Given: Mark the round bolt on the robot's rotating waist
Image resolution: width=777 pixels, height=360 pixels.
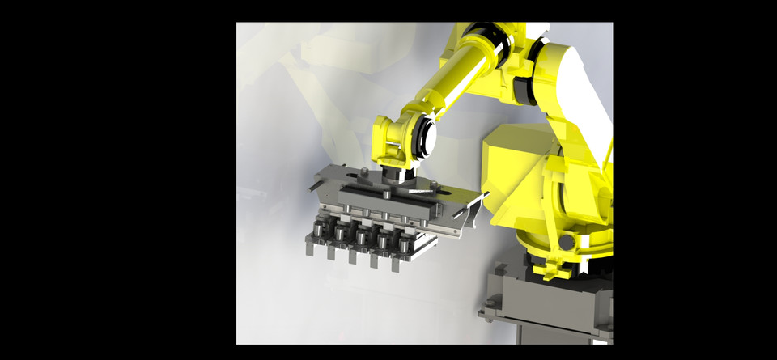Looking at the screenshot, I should [x=567, y=242].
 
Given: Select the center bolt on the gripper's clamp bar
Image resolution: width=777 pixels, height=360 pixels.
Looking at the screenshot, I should [x=387, y=194].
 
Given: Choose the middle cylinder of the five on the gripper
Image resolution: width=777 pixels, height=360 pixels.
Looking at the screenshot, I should [x=361, y=236].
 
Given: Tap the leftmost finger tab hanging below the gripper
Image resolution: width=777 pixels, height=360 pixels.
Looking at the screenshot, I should [x=309, y=247].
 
